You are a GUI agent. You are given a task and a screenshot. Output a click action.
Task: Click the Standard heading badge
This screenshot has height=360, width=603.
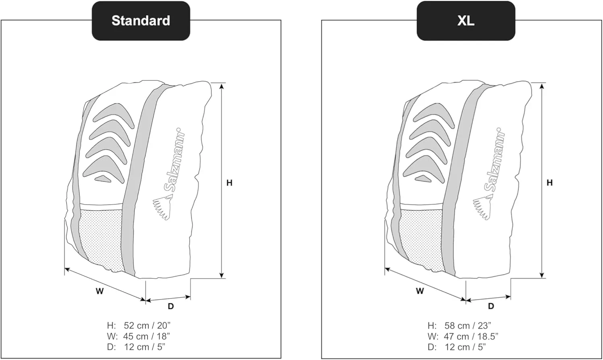(x=141, y=21)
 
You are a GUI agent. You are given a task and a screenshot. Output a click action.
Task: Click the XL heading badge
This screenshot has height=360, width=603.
(x=466, y=21)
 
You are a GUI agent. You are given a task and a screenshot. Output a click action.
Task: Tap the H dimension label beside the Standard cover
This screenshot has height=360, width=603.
(x=229, y=183)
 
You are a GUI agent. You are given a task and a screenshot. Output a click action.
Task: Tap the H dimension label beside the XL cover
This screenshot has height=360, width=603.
(x=550, y=183)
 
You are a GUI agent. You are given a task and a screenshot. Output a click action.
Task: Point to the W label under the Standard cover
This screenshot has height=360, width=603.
(x=100, y=291)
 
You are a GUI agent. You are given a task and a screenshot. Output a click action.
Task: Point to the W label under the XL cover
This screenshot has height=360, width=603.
(x=420, y=291)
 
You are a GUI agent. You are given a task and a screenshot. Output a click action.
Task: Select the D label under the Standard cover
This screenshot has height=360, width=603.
(x=171, y=306)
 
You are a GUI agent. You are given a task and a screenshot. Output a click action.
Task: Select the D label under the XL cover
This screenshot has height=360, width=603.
(x=491, y=306)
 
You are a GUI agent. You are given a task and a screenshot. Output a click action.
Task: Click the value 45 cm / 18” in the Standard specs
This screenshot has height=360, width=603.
(x=147, y=336)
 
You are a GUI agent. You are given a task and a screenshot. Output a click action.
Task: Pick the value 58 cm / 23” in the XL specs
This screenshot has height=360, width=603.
(x=468, y=325)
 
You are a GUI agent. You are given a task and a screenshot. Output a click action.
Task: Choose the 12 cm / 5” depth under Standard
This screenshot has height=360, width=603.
(x=144, y=347)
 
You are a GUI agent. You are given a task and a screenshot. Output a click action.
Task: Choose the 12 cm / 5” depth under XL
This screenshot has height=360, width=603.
(x=465, y=347)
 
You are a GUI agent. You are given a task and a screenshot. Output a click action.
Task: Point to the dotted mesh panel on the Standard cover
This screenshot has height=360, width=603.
(x=100, y=237)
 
